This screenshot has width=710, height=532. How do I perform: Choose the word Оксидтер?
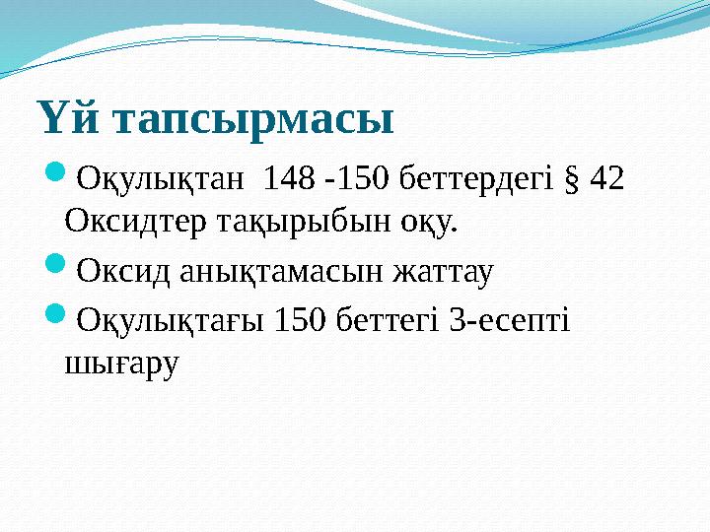[133, 223]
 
